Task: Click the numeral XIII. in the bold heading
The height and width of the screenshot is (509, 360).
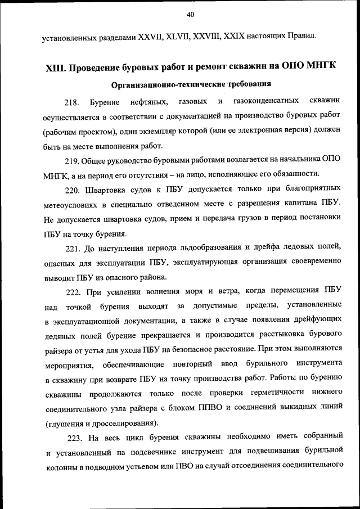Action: click(x=56, y=67)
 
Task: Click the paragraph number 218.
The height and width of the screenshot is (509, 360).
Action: click(x=72, y=102)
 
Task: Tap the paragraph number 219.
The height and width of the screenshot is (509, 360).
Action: click(x=72, y=161)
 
